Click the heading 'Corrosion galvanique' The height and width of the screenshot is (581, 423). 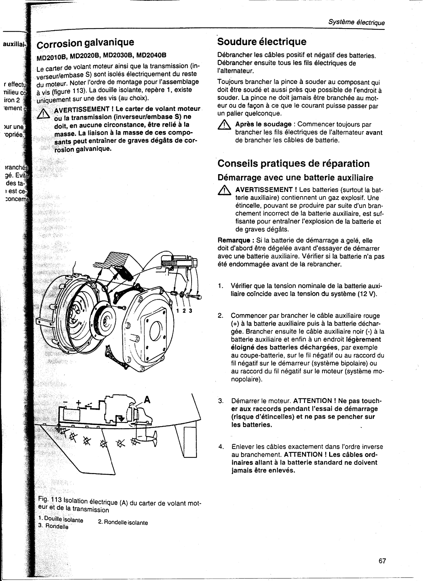pyautogui.click(x=86, y=43)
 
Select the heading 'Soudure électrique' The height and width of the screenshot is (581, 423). pyautogui.click(x=262, y=42)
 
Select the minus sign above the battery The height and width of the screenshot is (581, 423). pyautogui.click(x=65, y=402)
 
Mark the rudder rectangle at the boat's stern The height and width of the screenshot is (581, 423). pyautogui.click(x=190, y=441)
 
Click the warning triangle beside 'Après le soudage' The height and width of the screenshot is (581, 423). pyautogui.click(x=225, y=125)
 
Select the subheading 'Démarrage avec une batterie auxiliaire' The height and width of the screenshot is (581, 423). pyautogui.click(x=295, y=177)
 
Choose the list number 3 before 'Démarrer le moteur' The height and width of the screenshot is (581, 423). pyautogui.click(x=220, y=401)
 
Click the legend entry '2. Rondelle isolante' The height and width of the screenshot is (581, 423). pyautogui.click(x=123, y=523)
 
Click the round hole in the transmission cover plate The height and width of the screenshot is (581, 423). pyautogui.click(x=156, y=333)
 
